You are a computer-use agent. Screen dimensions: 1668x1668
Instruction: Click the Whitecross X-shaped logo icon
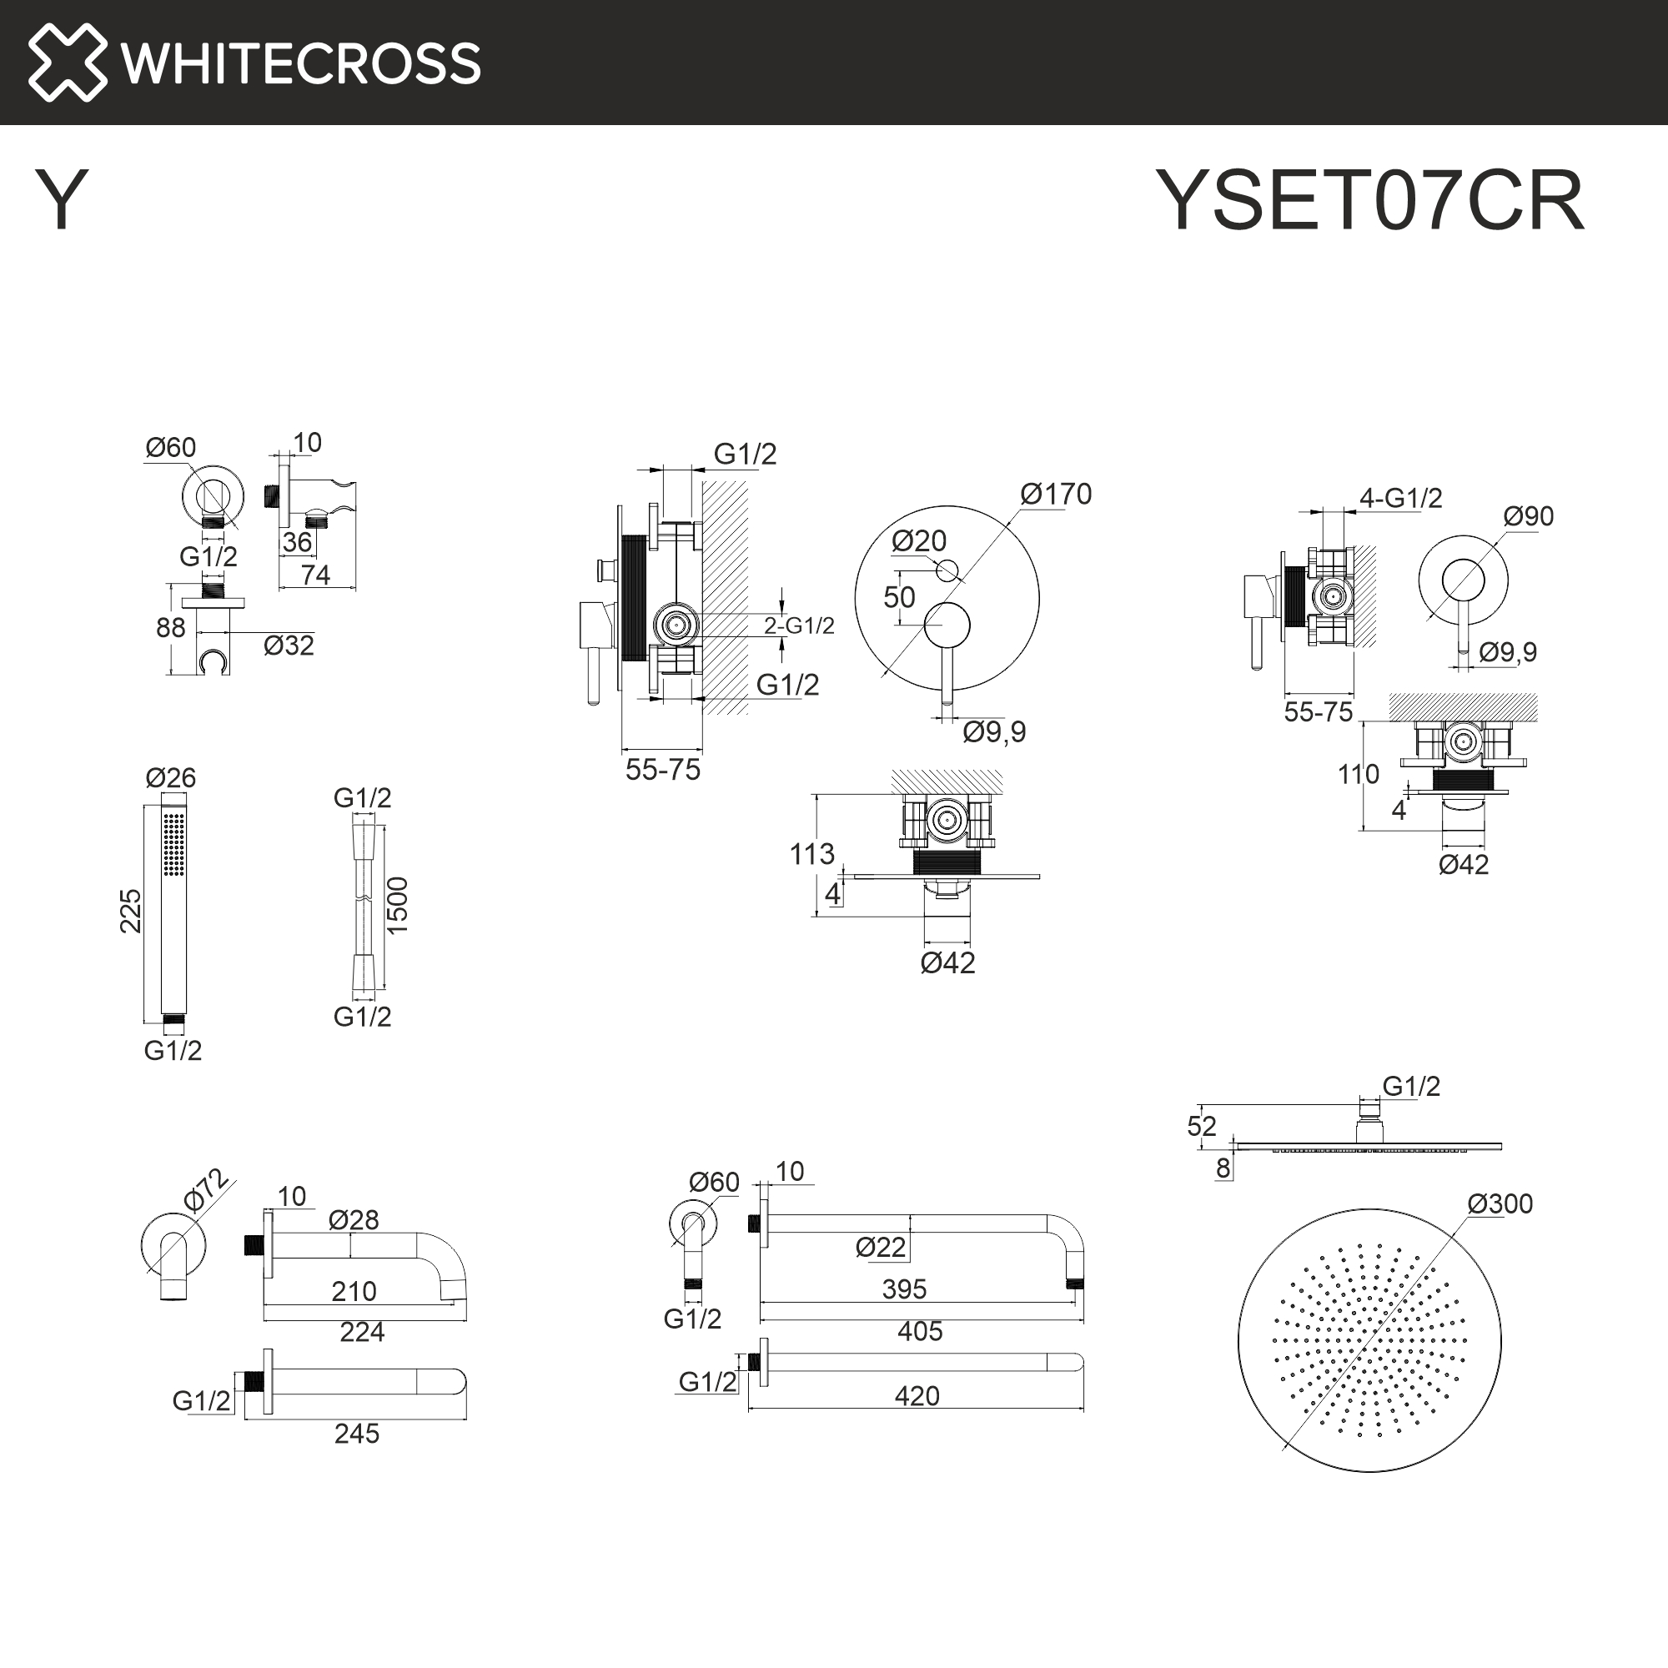pos(68,63)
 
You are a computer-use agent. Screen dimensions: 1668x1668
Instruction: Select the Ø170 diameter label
pos(1055,494)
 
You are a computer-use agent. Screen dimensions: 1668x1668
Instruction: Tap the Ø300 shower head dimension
pos(1500,1203)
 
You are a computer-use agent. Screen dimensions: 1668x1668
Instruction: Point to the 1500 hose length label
pos(397,905)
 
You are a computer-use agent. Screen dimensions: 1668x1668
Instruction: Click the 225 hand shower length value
pos(130,911)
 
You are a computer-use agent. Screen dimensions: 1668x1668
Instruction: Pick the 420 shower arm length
pos(916,1396)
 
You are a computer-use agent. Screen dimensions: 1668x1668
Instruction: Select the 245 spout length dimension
pos(357,1433)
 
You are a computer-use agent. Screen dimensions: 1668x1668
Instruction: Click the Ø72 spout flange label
pos(205,1191)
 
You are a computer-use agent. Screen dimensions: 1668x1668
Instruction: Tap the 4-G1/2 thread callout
pos(1400,498)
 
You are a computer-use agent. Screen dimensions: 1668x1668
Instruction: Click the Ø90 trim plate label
pos(1528,516)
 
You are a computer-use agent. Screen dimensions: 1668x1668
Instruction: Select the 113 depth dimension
pos(811,854)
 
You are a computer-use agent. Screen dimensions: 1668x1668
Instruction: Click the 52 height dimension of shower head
pos(1201,1126)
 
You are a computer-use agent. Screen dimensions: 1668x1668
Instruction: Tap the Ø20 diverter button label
pos(918,541)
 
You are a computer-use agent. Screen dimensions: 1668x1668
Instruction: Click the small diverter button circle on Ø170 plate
pos(947,570)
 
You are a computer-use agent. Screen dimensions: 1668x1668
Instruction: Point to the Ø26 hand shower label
pos(171,778)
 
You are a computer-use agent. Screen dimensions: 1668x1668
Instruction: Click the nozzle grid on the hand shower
pos(174,843)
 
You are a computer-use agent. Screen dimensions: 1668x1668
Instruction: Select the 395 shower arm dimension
pos(904,1289)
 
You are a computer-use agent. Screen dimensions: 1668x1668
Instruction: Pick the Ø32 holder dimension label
pos(289,646)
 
